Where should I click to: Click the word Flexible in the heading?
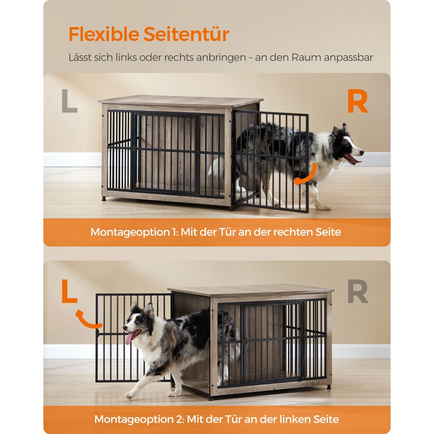(104, 34)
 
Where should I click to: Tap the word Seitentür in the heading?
(187, 34)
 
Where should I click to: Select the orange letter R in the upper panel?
(358, 101)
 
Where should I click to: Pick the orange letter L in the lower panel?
(69, 291)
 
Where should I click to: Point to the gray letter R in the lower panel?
(358, 292)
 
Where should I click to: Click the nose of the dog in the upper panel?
(362, 153)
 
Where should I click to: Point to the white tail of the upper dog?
(217, 167)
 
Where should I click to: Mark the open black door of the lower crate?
(134, 337)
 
